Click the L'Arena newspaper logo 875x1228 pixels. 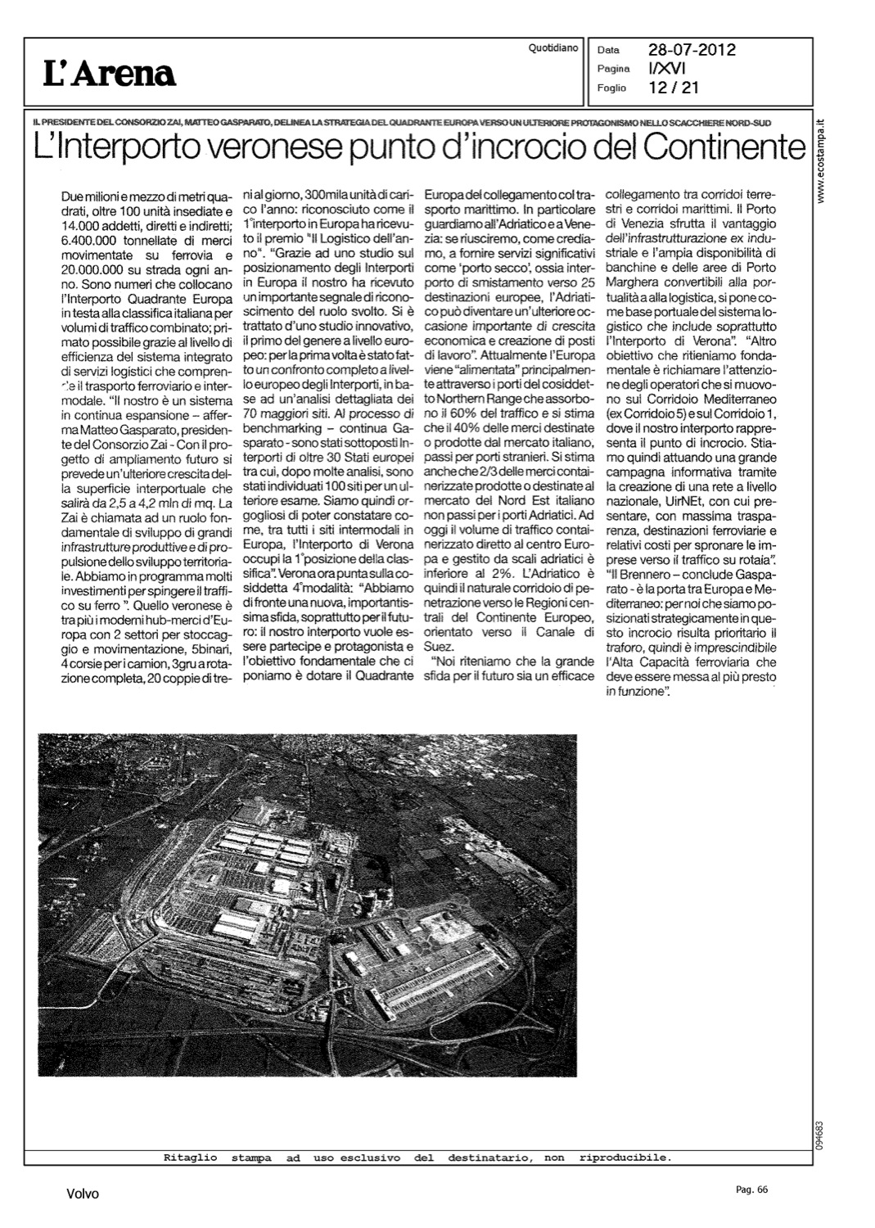coord(110,74)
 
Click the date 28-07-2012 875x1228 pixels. coord(692,50)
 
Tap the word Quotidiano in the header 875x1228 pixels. coord(554,48)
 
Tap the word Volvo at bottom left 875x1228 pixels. coord(83,1194)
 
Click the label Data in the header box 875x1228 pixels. coord(609,51)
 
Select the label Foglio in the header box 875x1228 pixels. coord(611,88)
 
